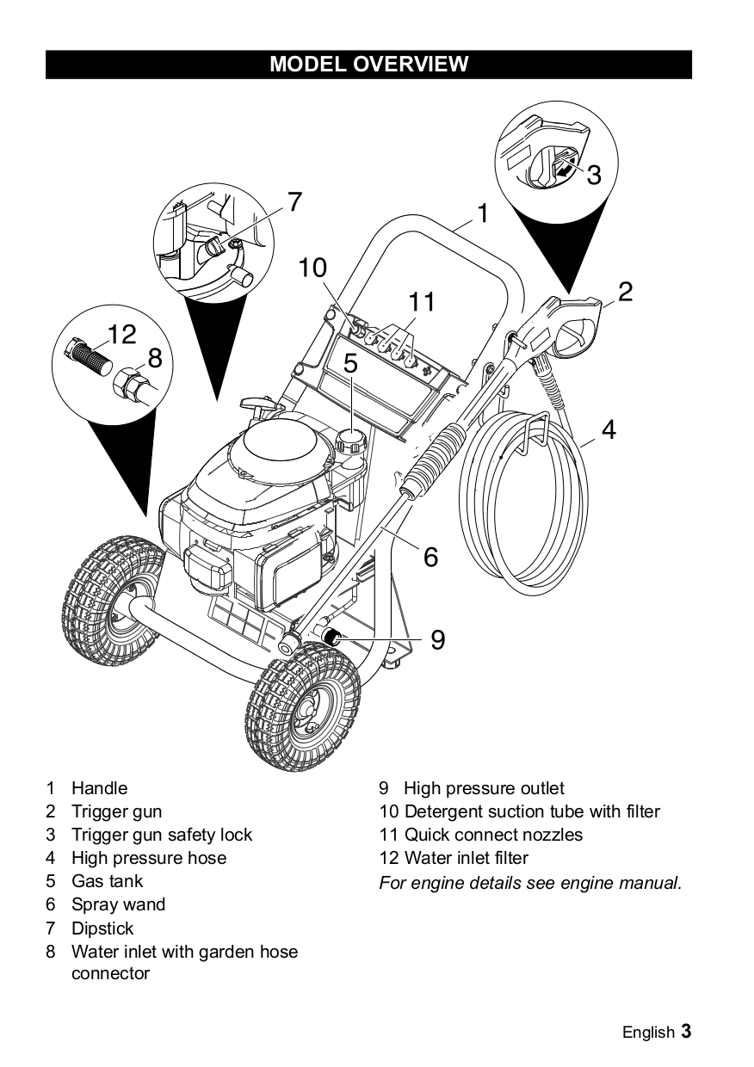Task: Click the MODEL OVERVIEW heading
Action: coord(368,65)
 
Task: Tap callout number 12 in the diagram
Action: coord(122,334)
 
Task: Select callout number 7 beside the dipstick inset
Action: coord(294,201)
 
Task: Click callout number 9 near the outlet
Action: coord(437,639)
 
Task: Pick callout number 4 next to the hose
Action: coord(609,429)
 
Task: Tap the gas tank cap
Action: coord(352,442)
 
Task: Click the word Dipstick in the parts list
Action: coord(102,928)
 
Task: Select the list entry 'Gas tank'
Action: coord(107,881)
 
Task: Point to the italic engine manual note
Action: coord(530,882)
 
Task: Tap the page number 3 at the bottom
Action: coord(686,1031)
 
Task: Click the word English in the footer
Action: coord(648,1033)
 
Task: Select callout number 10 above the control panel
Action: coord(313,268)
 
